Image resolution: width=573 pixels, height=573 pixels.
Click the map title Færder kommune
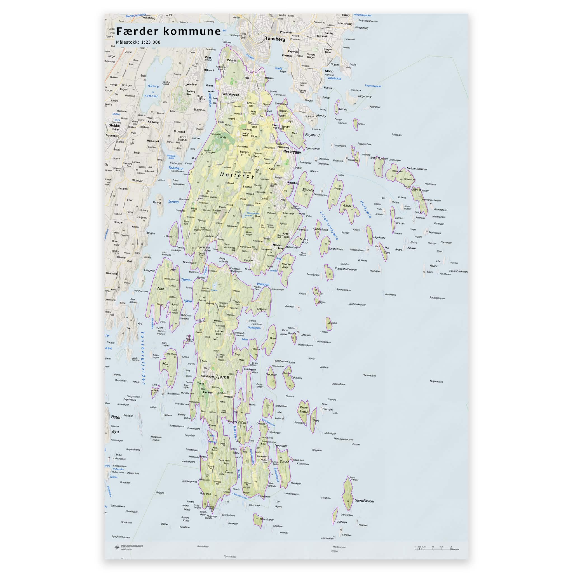click(x=168, y=31)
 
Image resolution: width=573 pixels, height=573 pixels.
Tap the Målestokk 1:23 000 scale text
click(x=138, y=42)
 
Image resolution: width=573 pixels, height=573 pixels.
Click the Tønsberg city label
click(x=275, y=39)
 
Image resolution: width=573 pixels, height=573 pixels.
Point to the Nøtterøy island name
click(x=237, y=176)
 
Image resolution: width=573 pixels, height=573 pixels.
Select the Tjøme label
click(x=222, y=377)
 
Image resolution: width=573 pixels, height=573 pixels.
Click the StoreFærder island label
click(x=365, y=501)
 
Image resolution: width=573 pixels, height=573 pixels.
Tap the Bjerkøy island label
click(x=308, y=190)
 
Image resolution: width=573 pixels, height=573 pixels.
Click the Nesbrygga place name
click(x=292, y=152)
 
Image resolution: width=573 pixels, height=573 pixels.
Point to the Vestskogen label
click(x=231, y=94)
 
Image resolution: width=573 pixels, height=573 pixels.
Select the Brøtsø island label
click(x=241, y=422)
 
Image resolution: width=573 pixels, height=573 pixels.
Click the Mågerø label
click(x=262, y=309)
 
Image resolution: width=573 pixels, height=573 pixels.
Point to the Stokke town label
click(x=114, y=125)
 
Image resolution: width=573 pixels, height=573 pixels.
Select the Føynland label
click(x=312, y=135)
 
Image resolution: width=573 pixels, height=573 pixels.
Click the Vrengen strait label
click(x=263, y=285)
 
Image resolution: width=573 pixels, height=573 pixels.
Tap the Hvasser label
click(x=281, y=445)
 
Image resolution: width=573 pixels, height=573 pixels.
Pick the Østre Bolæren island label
click(x=420, y=191)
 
